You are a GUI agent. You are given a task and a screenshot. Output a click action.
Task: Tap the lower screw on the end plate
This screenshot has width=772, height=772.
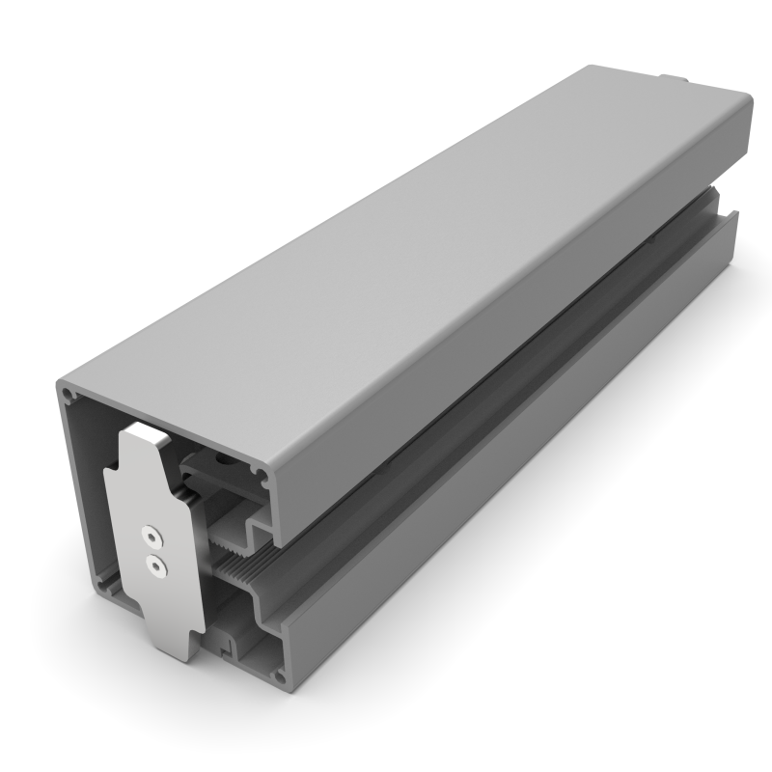(154, 565)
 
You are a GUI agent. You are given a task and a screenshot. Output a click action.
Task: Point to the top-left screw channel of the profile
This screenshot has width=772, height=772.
(68, 395)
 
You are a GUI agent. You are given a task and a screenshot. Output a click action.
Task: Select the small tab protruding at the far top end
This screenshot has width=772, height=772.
(673, 78)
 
